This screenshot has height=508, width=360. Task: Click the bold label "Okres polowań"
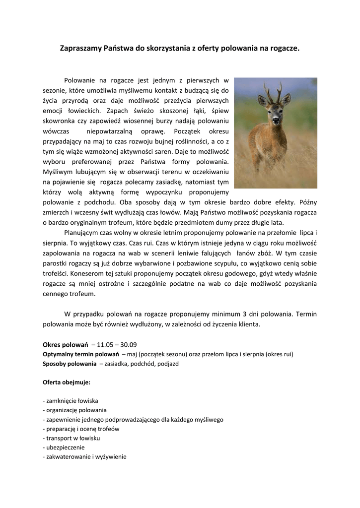click(66, 344)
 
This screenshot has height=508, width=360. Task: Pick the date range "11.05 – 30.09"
click(117, 344)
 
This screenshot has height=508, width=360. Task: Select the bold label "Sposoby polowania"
click(70, 364)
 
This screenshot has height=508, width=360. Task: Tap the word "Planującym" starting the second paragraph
click(82, 233)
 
